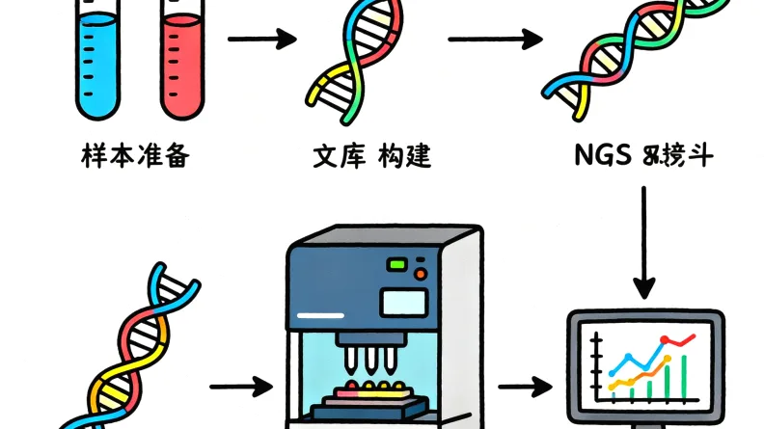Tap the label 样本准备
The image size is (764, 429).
pos(135,154)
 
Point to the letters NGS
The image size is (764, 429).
pos(601,154)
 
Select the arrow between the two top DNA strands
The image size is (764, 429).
pos(495,40)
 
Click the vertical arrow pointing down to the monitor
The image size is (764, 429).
pos(643,241)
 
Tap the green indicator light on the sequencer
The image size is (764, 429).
pos(397,264)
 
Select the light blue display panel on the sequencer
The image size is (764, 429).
pos(404,302)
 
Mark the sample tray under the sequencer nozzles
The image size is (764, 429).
pos(371,395)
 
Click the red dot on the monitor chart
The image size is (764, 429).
pos(665,341)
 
